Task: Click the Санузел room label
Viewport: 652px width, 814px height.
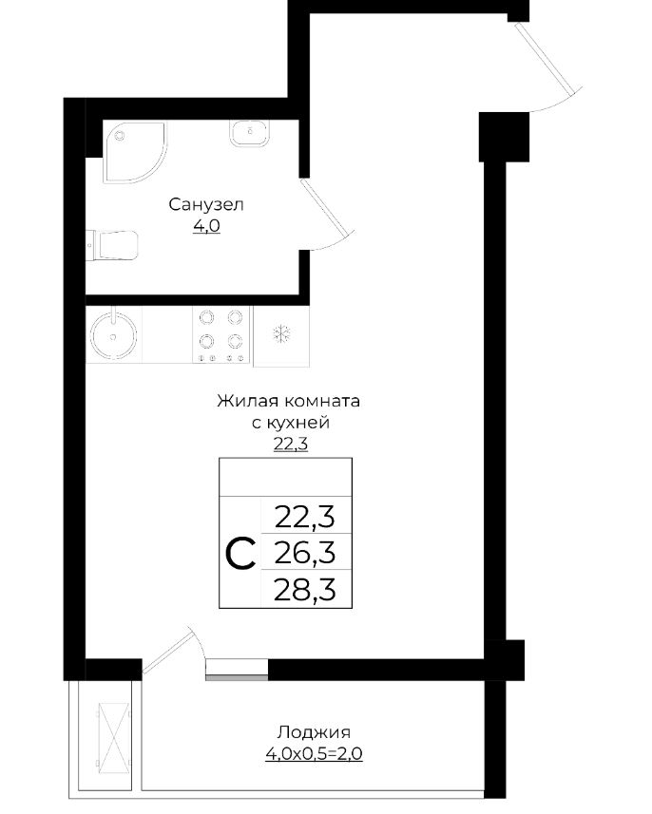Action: click(x=206, y=204)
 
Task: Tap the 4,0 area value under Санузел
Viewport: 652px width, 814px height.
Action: click(x=207, y=226)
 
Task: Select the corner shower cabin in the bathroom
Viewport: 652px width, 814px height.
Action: click(x=135, y=152)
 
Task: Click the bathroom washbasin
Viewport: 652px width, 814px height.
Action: click(x=250, y=133)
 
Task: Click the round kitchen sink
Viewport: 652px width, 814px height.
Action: click(x=113, y=335)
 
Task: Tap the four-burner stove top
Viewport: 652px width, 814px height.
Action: click(x=221, y=335)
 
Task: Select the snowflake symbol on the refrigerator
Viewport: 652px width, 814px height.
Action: click(x=281, y=333)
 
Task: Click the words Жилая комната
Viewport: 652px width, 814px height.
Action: click(x=288, y=401)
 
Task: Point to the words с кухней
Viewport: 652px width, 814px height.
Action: click(x=291, y=423)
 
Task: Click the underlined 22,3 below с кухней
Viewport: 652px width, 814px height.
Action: click(x=291, y=445)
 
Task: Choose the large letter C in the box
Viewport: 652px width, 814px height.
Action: click(x=240, y=554)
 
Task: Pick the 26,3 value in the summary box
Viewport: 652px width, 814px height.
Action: click(x=305, y=554)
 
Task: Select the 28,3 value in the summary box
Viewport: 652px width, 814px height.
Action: click(x=305, y=590)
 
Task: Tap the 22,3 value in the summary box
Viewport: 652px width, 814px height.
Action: click(x=305, y=517)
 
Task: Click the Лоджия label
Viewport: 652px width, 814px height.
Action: click(x=314, y=732)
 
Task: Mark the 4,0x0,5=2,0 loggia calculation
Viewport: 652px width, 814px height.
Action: click(x=314, y=753)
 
